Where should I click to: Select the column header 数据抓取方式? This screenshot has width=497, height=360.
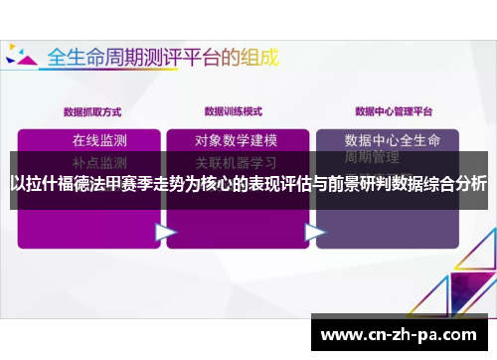click(x=91, y=111)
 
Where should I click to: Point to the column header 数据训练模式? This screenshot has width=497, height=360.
click(x=233, y=111)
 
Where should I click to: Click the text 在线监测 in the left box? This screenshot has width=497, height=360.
click(x=99, y=139)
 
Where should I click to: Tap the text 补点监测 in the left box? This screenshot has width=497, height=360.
click(x=99, y=161)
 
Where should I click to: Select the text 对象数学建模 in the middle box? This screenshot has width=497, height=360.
click(x=237, y=140)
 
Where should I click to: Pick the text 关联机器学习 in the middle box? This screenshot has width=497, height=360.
click(x=237, y=161)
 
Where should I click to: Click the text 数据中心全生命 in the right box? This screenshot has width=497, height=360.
click(x=398, y=140)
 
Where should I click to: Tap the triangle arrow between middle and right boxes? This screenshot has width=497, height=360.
click(x=315, y=232)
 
